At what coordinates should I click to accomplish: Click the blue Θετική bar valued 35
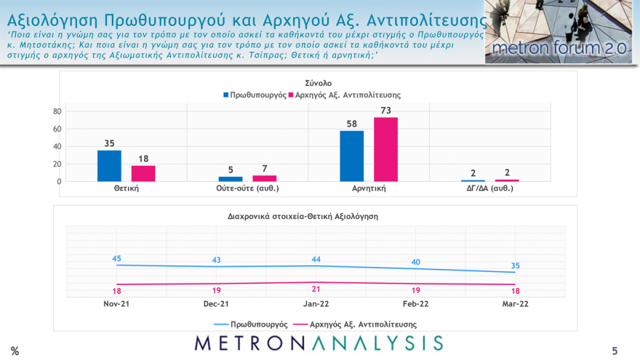(x=109, y=166)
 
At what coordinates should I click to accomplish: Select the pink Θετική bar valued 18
(x=143, y=173)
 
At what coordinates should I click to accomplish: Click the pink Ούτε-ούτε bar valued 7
(x=265, y=178)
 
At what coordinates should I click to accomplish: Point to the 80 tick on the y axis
(x=56, y=112)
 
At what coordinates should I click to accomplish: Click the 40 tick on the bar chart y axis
(x=56, y=147)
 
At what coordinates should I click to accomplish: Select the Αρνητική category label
(x=368, y=188)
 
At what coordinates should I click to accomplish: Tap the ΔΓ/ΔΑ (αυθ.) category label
(x=489, y=188)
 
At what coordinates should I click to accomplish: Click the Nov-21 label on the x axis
(x=116, y=304)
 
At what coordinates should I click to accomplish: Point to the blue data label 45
(x=116, y=258)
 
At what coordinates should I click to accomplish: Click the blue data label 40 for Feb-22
(x=415, y=263)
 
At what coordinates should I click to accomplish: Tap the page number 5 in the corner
(x=615, y=351)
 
